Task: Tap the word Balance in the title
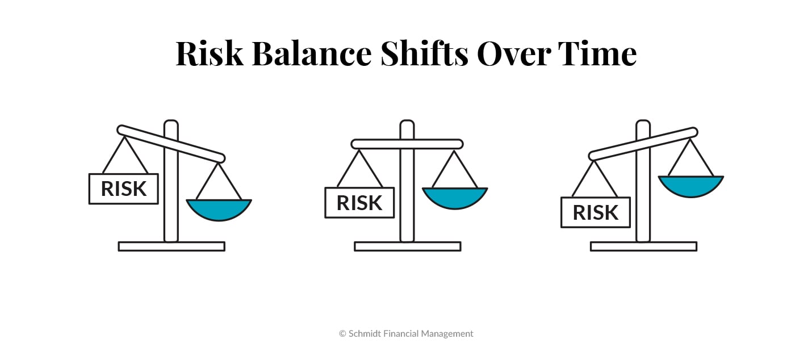311,54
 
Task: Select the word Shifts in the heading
425,54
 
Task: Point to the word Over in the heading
513,54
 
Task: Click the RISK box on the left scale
123,189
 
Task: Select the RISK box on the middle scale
359,203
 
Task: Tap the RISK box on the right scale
595,212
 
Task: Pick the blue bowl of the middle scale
454,196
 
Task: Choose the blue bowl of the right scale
690,185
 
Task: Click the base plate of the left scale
171,246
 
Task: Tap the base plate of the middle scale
407,246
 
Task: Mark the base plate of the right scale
643,246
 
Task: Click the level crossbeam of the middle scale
375,144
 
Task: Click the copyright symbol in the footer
342,334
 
